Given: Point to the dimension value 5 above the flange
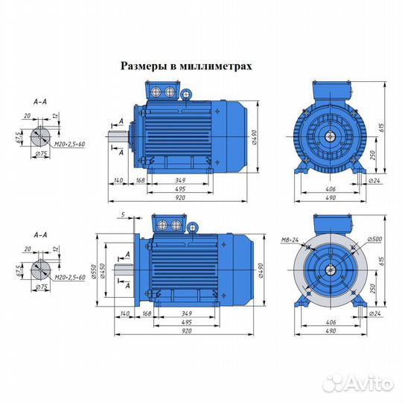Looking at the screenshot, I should click(122, 215).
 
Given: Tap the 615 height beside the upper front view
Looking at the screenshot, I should click(384, 128).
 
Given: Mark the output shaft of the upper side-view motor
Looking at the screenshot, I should click(118, 136).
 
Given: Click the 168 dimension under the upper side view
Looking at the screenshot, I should click(140, 181).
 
